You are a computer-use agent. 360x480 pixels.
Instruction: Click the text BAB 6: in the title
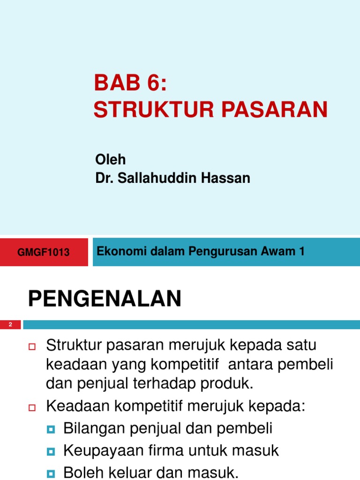[x=130, y=83]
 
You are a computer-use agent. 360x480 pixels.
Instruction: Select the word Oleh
[x=110, y=159]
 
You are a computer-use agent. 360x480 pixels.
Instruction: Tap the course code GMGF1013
[x=43, y=252]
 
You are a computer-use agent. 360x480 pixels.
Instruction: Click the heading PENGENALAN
[x=105, y=299]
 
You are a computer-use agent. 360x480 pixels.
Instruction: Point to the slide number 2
[x=10, y=325]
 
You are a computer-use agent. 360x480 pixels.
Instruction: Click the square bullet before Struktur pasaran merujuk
[x=32, y=347]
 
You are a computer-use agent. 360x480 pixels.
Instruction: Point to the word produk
[x=230, y=384]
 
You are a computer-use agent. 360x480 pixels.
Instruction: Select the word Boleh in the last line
[x=79, y=473]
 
